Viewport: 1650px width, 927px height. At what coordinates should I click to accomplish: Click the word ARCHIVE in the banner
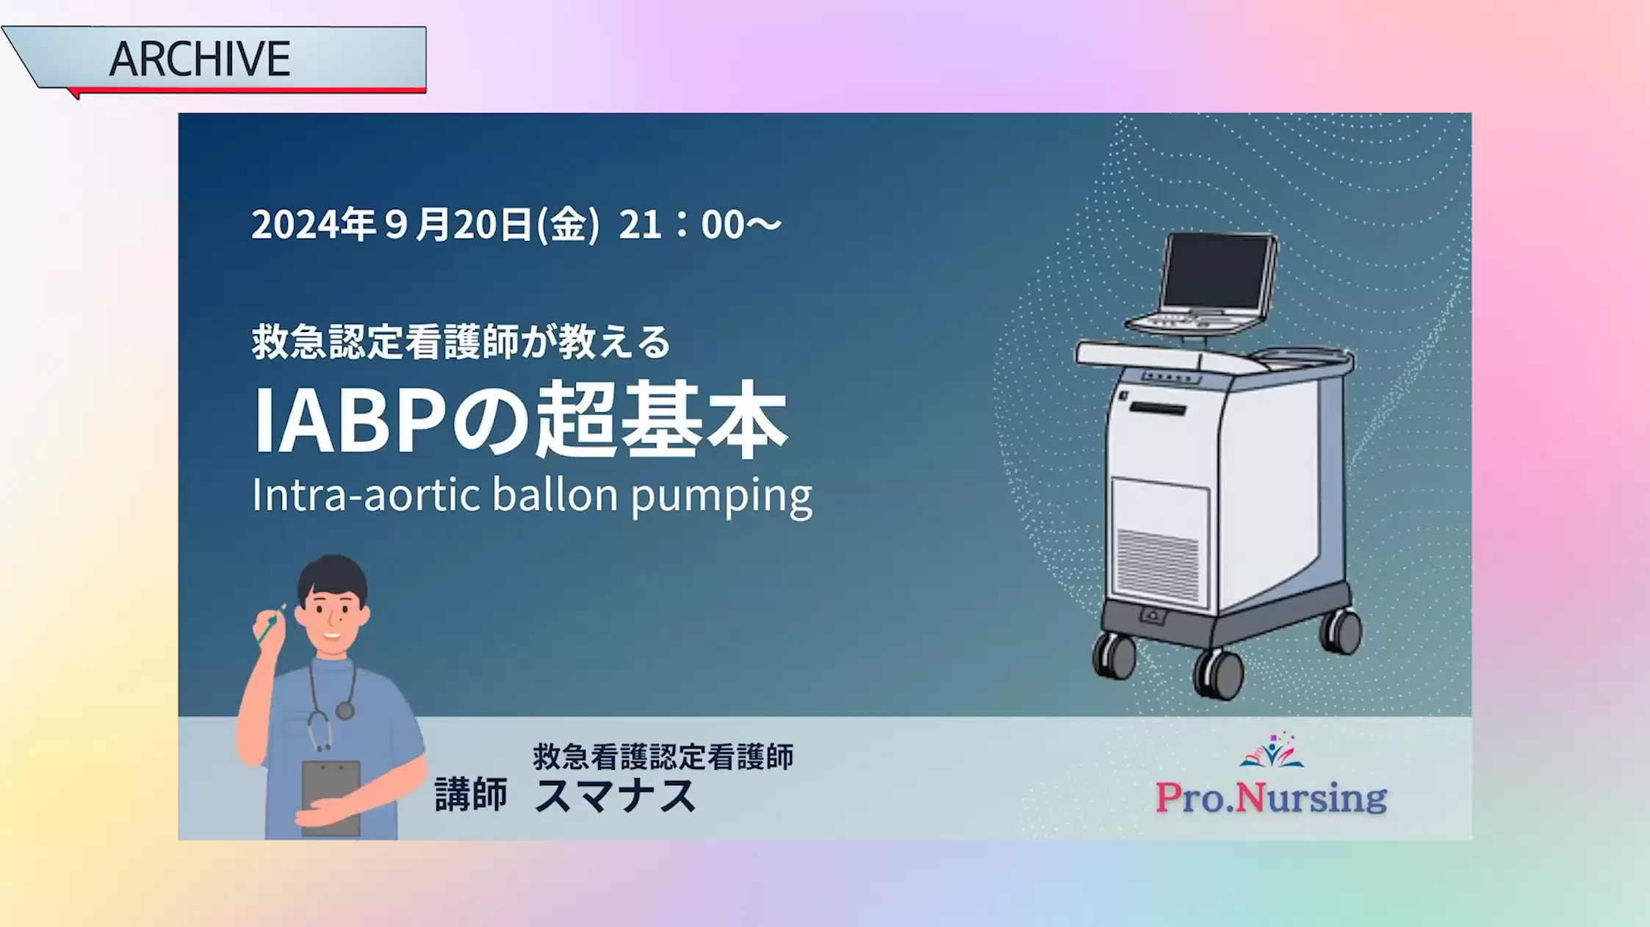click(200, 59)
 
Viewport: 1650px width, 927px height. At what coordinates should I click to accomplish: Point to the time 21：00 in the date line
click(682, 225)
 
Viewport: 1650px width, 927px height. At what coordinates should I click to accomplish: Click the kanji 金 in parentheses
click(569, 225)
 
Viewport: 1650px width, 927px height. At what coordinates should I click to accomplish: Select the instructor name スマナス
click(616, 796)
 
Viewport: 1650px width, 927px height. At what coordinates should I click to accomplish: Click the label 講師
click(471, 796)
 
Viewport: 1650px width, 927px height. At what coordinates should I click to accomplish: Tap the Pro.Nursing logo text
click(1271, 798)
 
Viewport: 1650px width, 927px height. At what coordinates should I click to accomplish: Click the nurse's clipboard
click(331, 798)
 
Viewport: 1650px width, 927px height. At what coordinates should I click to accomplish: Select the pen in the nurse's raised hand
click(271, 624)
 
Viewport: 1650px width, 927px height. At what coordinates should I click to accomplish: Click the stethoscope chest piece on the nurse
click(345, 710)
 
